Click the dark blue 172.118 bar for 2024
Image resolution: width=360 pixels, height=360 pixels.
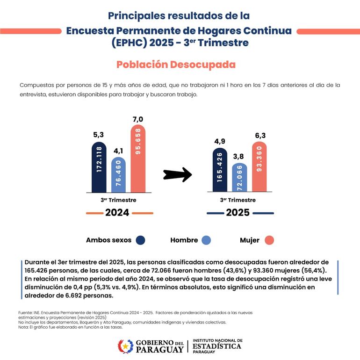click(x=99, y=167)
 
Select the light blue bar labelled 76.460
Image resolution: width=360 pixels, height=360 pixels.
click(x=118, y=175)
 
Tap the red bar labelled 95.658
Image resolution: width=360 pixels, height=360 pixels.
click(x=138, y=159)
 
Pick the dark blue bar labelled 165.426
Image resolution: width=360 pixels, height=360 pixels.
click(x=220, y=170)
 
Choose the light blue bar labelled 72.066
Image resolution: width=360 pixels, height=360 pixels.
click(x=239, y=178)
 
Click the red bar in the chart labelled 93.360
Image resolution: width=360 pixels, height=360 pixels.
click(x=259, y=167)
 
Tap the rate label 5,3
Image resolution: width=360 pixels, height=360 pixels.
click(x=99, y=135)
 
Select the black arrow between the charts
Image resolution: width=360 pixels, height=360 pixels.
click(x=178, y=175)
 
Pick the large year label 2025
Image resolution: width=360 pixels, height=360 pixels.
click(x=238, y=213)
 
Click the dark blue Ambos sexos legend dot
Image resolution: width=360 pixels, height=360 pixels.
click(x=140, y=240)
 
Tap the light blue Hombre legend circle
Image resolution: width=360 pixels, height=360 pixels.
click(x=206, y=240)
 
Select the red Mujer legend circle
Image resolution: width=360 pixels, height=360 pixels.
click(x=268, y=240)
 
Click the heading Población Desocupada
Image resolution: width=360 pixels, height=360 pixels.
click(x=176, y=65)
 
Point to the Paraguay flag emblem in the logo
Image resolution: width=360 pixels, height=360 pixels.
click(x=125, y=346)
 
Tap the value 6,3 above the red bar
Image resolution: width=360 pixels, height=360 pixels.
click(x=260, y=136)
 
